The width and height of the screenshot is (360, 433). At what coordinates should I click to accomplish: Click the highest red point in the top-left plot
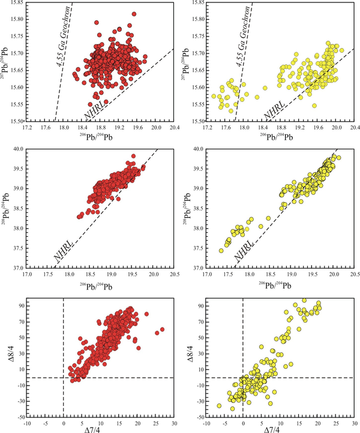tap(134, 14)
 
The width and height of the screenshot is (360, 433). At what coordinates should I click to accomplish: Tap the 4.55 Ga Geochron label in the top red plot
tap(62, 41)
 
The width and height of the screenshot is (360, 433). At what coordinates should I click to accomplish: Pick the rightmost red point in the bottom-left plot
tap(162, 329)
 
